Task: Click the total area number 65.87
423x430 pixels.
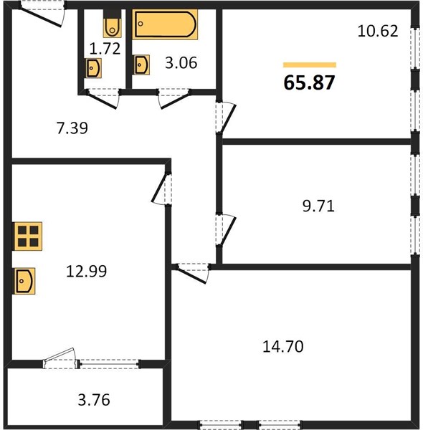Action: pos(310,82)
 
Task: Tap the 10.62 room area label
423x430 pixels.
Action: pos(378,32)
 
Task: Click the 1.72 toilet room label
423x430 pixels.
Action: pos(104,50)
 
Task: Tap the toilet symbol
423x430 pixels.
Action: pos(113,25)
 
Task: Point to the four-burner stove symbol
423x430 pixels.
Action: pos(28,235)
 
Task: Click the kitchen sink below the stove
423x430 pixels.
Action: pos(24,279)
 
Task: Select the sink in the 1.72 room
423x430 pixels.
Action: pos(94,68)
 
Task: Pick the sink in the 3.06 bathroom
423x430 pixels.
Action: pos(141,65)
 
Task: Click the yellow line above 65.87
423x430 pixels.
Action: pos(310,64)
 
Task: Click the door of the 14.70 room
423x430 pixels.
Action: pos(193,273)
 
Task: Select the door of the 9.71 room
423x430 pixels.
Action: pos(226,230)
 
